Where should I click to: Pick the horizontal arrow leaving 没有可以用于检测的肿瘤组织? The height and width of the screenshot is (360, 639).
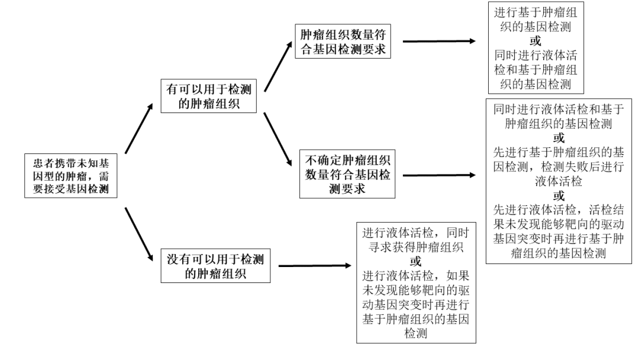coord(314,266)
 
